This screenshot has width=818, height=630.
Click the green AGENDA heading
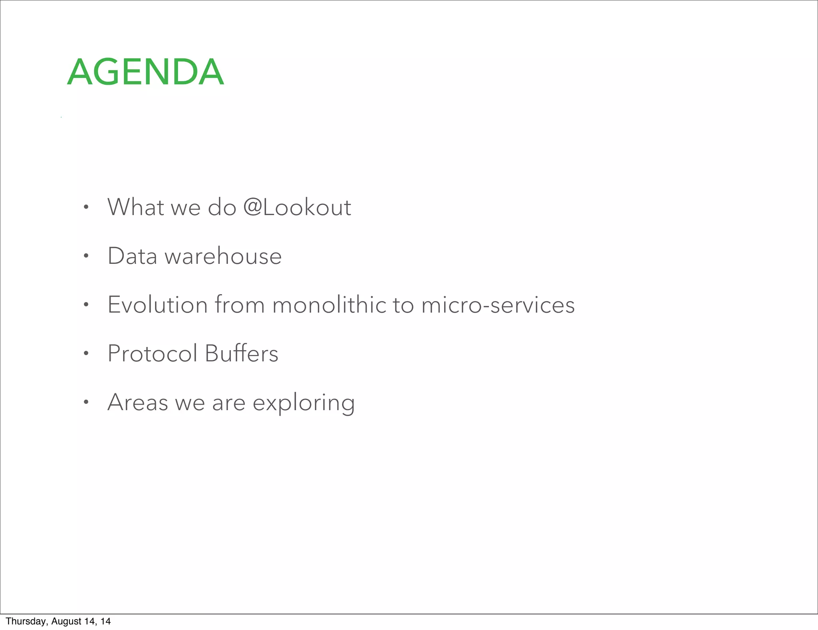click(145, 72)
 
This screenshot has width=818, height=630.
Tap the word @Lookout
click(297, 207)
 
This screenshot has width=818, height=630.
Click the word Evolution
click(158, 305)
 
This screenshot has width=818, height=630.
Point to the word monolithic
click(329, 305)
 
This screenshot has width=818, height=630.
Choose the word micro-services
click(498, 305)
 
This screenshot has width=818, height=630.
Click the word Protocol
click(153, 353)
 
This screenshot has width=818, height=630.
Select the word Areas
click(138, 402)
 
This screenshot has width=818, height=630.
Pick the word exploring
click(304, 403)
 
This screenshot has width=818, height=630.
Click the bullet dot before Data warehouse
click(85, 256)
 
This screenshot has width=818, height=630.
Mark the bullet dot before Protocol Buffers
click(85, 354)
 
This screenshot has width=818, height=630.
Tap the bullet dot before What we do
click(85, 207)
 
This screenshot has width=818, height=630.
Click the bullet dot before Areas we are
click(85, 403)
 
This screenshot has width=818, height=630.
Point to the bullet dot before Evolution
click(85, 305)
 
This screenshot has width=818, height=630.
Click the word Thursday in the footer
click(26, 621)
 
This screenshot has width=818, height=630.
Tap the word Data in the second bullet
click(132, 256)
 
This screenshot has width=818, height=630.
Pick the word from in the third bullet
click(240, 305)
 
